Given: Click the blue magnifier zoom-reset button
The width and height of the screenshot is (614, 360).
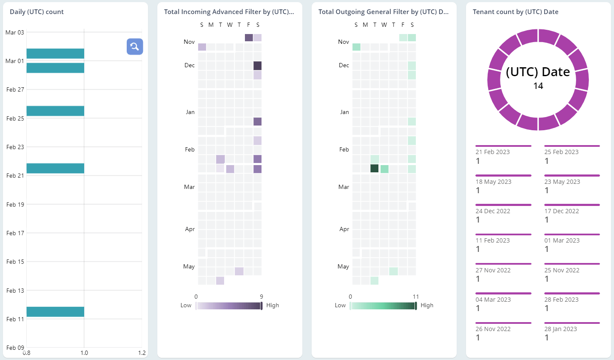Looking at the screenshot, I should tap(135, 47).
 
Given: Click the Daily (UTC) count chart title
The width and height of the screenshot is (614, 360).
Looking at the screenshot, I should tap(37, 12).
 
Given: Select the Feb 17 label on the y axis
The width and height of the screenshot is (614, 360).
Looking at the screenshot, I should tap(15, 233).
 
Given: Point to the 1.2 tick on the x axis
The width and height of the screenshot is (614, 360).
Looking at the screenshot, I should tap(142, 353).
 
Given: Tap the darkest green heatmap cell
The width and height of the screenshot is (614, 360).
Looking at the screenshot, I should tap(374, 169).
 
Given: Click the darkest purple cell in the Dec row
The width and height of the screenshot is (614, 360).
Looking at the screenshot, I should tap(257, 66).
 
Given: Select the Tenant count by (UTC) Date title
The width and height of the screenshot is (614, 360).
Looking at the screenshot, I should tap(515, 12).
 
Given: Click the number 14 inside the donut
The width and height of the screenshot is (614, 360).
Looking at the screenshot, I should tap(538, 86).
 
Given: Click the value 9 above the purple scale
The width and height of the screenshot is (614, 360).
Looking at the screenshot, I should tap(261, 297).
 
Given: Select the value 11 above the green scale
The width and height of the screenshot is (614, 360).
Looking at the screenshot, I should tap(415, 297).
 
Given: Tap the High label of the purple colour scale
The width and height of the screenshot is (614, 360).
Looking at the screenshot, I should tap(273, 306).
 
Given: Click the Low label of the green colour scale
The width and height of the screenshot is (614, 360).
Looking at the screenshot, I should tap(340, 306).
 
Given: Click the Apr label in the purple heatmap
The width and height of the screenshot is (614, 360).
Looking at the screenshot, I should tap(190, 229).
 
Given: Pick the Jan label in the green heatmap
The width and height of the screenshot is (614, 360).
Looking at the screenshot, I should tap(344, 112).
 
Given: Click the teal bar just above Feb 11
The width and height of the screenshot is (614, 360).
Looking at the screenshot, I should tap(55, 312).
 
